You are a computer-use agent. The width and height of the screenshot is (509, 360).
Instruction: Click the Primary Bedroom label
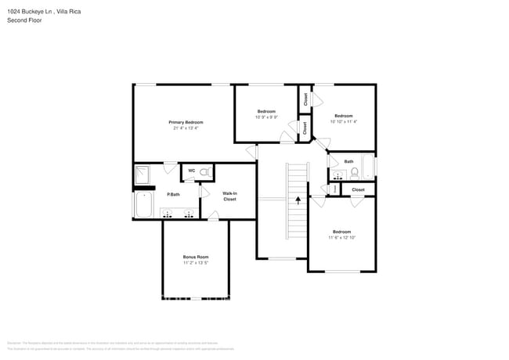pos(186,122)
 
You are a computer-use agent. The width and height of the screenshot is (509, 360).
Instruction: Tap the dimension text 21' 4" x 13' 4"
pos(186,128)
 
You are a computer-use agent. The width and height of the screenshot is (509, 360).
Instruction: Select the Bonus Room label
pos(196,257)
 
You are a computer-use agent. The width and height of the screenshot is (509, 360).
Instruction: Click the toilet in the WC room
pos(204,171)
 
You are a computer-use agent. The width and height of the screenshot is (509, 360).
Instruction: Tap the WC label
pos(190,171)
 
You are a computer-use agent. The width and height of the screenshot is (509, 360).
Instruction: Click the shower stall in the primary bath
pos(143,175)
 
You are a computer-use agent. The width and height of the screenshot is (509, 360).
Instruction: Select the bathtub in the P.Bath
pos(143,205)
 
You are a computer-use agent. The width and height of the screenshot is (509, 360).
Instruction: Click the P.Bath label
pos(173,194)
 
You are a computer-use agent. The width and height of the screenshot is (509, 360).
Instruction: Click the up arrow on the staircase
pos(298,200)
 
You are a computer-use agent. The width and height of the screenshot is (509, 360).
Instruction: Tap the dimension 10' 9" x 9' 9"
pos(266,117)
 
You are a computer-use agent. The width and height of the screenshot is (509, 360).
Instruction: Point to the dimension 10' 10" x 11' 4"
pos(343,121)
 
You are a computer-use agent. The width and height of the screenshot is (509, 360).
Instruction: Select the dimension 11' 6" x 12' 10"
pos(341,237)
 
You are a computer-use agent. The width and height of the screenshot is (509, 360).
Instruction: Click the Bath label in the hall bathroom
pos(348,161)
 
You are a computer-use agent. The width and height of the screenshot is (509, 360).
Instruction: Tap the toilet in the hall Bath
pos(354,172)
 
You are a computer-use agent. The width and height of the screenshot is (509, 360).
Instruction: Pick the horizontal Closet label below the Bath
pos(358,189)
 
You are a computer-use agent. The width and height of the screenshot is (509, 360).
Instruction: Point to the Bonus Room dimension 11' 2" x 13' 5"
pos(196,263)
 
